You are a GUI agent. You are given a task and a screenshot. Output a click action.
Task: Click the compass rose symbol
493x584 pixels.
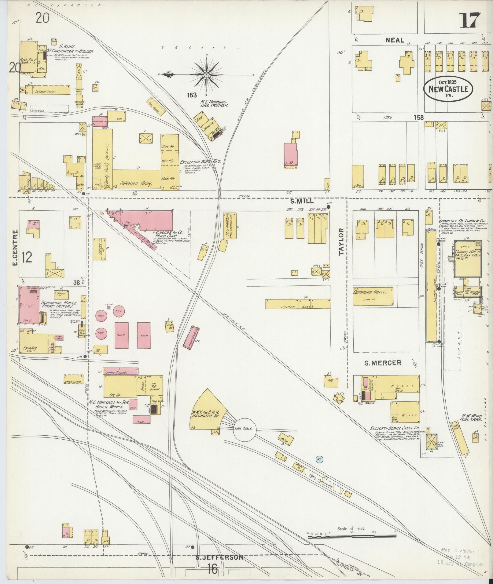206,74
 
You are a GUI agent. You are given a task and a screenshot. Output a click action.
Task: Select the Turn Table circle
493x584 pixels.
244,429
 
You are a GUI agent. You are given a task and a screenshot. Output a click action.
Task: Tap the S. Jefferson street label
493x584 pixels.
220,557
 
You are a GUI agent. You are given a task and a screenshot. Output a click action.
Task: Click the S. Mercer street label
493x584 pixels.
383,363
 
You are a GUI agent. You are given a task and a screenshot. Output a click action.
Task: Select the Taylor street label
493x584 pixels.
341,241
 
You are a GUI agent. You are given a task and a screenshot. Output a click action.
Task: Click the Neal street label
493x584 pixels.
395,40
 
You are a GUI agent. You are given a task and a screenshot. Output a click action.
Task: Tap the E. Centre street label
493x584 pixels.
16,248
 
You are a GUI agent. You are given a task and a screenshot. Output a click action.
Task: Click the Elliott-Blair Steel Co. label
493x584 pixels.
394,429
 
